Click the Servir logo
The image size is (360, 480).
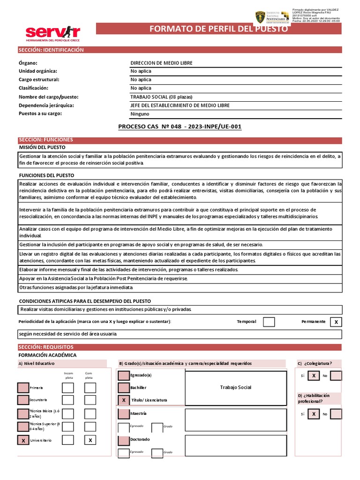tap(52, 34)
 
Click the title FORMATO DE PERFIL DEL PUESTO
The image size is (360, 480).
tap(218, 29)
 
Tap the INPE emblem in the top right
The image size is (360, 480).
tap(260, 16)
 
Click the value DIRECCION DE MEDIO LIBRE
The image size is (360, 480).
tap(161, 63)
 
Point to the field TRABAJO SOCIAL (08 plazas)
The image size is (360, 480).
tap(161, 97)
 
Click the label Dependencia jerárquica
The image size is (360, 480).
tap(46, 105)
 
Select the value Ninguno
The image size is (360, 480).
tap(140, 114)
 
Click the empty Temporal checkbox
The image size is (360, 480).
tap(269, 322)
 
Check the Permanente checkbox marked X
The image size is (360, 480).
tap(336, 322)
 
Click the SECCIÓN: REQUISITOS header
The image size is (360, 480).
tap(45, 347)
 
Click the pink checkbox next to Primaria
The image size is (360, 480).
tap(23, 388)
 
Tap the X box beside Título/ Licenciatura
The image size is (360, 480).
tap(124, 400)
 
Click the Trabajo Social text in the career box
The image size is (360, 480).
tap(235, 387)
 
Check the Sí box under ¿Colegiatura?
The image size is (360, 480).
tap(314, 375)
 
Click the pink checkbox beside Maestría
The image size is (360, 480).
tap(124, 413)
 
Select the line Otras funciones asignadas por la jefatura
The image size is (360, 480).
tap(76, 287)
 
